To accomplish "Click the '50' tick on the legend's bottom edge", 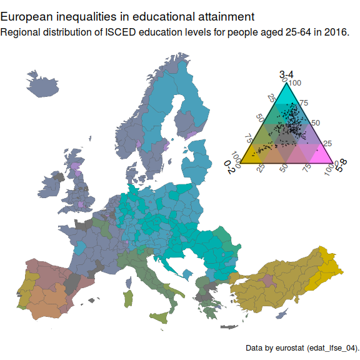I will pyautogui.click(x=284, y=169).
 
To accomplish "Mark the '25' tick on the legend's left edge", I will pyautogui.click(x=270, y=99).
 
